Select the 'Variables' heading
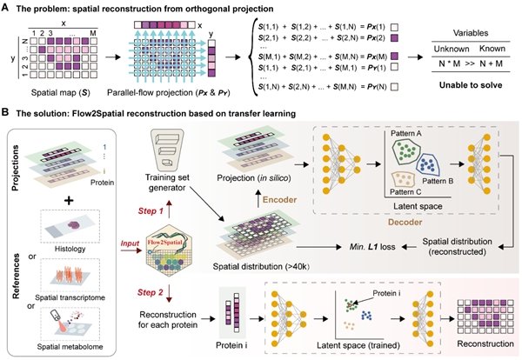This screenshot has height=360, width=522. [471, 29]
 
